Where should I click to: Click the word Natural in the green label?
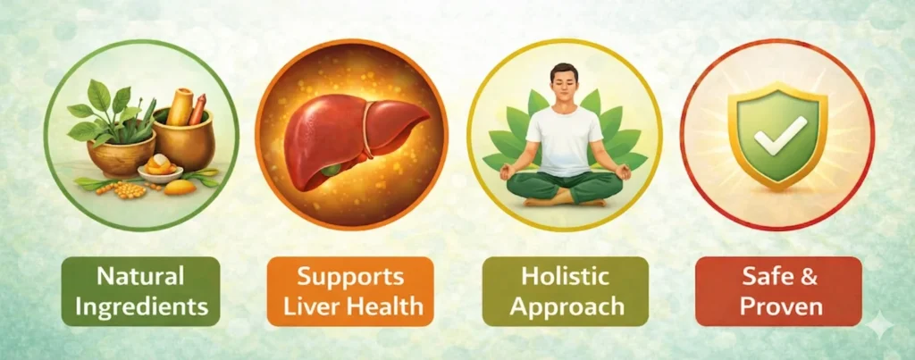pyautogui.click(x=141, y=276)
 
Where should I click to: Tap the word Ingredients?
pyautogui.click(x=141, y=306)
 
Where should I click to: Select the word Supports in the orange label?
pyautogui.click(x=350, y=276)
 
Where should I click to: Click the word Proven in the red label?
pyautogui.click(x=778, y=306)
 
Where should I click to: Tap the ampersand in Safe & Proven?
pyautogui.click(x=809, y=276)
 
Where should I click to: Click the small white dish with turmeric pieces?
pyautogui.click(x=161, y=171)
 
